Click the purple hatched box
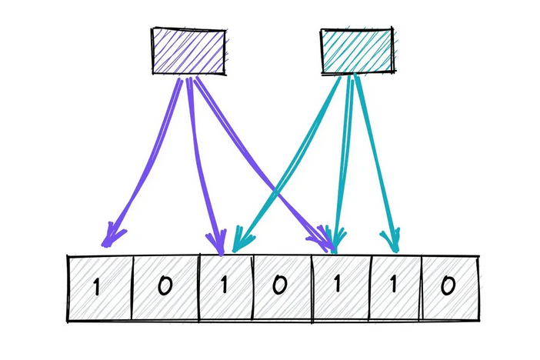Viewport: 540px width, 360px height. [188, 52]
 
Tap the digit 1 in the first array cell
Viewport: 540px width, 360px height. [97, 288]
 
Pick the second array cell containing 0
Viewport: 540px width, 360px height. [164, 288]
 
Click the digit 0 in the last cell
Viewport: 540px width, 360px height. [449, 287]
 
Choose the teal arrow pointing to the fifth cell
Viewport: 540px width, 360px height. [345, 154]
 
